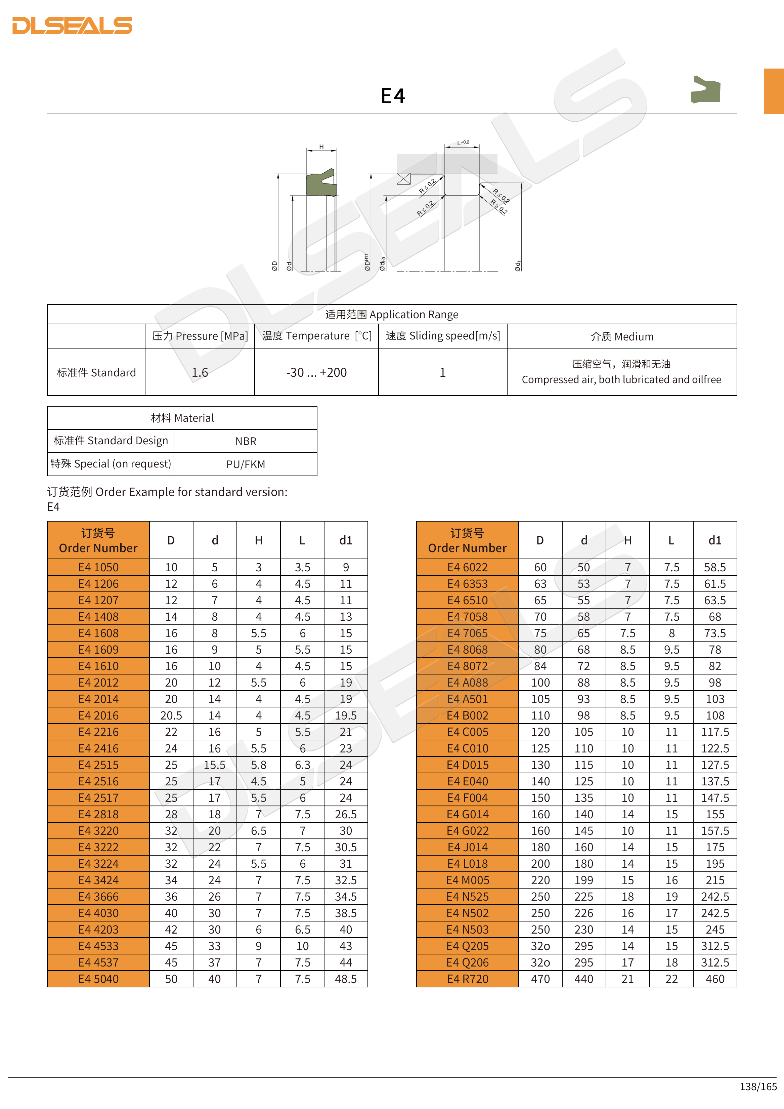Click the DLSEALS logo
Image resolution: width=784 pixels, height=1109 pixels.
[73, 26]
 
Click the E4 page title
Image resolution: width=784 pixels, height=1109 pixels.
[392, 96]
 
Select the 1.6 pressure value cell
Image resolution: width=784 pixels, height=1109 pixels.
[200, 372]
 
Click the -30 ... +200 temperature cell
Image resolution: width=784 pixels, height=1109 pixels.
[316, 372]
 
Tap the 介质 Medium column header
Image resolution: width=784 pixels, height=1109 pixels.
[622, 337]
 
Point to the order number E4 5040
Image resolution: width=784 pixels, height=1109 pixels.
[98, 979]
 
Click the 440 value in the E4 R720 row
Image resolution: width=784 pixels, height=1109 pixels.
[584, 979]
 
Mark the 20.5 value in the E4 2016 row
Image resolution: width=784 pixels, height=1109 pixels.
[171, 715]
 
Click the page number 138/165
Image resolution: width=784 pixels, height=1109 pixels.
[758, 1086]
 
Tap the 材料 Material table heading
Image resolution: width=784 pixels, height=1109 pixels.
[182, 418]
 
